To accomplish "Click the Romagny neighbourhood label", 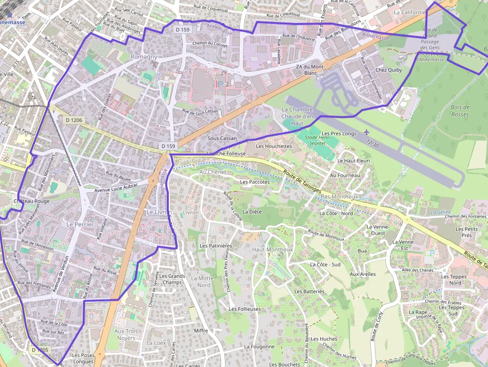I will (x=143, y=57).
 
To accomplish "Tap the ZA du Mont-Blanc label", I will (x=310, y=70).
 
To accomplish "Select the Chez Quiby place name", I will (x=388, y=70).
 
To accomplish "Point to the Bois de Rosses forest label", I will (x=460, y=111).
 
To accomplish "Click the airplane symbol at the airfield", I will (x=367, y=132).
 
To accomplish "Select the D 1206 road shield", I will (x=74, y=120).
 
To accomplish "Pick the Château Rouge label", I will (x=31, y=201).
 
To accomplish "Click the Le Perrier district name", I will (x=80, y=225).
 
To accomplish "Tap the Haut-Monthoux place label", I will (x=272, y=249).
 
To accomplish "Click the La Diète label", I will (x=252, y=212).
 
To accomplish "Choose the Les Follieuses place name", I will (x=244, y=309).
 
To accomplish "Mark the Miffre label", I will (x=201, y=330).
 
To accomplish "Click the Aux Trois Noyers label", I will (x=126, y=334).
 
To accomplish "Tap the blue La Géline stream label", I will (x=441, y=212).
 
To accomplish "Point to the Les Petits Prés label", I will (x=467, y=232).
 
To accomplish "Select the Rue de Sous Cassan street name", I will (x=200, y=111).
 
